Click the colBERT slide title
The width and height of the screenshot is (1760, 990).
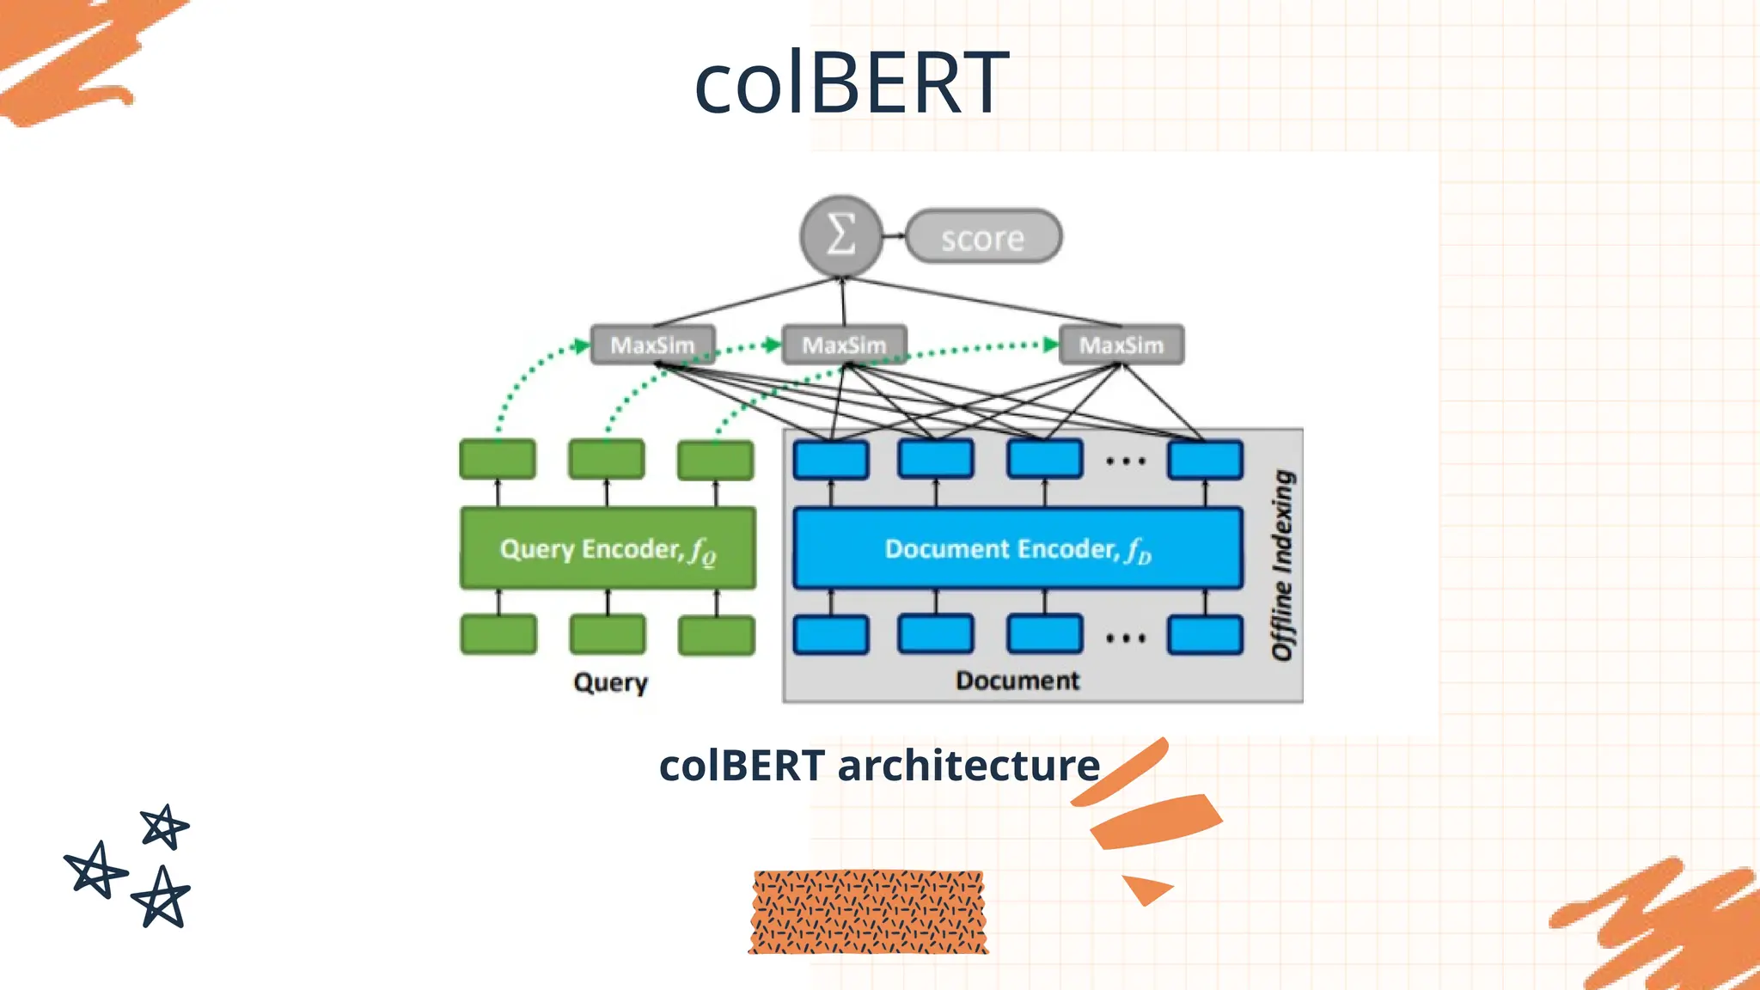click(x=851, y=82)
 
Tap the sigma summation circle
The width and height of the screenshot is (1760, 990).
click(x=841, y=235)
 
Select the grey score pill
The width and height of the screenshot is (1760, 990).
click(x=983, y=236)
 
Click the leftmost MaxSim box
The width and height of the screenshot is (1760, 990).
click(x=652, y=345)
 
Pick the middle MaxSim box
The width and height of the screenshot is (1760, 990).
click(x=844, y=345)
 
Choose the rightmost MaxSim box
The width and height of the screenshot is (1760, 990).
click(x=1121, y=345)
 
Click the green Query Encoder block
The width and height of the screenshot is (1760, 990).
click(x=608, y=548)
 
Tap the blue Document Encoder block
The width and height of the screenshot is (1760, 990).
click(x=1017, y=548)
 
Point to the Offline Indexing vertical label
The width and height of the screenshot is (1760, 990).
click(x=1282, y=565)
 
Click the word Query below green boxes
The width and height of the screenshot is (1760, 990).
click(x=610, y=682)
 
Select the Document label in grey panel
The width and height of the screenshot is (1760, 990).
click(x=1017, y=681)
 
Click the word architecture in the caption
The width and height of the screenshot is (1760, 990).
click(x=969, y=765)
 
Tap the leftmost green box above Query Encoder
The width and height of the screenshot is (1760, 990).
click(x=498, y=459)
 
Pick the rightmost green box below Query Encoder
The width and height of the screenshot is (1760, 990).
click(x=716, y=635)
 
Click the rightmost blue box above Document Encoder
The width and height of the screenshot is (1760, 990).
click(x=1205, y=460)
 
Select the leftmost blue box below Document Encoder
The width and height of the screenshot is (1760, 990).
click(x=830, y=635)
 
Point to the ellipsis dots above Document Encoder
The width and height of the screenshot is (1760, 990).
click(x=1125, y=461)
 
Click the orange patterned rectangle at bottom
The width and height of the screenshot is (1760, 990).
click(x=868, y=912)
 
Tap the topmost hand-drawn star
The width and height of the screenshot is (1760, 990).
click(x=163, y=827)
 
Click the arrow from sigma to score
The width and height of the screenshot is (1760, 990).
click(x=894, y=235)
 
